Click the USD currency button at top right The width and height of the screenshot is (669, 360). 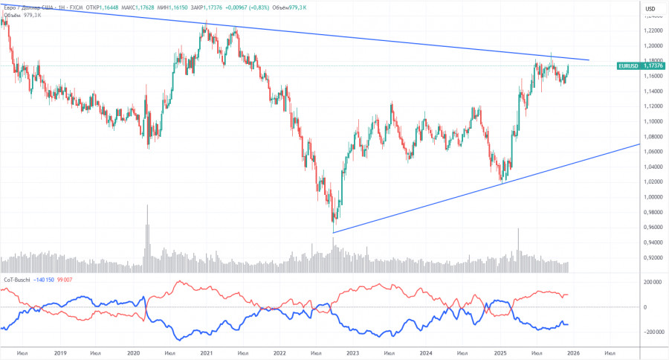(650, 8)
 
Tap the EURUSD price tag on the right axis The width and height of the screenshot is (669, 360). (641, 65)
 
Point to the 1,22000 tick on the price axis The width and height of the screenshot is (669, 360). (653, 30)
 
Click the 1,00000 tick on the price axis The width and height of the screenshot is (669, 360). (653, 197)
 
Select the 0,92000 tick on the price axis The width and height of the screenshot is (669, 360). (653, 257)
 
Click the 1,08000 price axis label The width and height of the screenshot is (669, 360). (653, 137)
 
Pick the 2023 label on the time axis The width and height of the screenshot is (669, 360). (352, 353)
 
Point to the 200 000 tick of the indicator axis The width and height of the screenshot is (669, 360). (653, 283)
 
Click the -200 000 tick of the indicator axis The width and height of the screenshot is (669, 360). (652, 332)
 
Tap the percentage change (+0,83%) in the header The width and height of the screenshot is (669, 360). (261, 7)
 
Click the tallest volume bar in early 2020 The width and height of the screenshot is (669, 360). (146, 231)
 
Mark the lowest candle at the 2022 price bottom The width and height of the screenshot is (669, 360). (334, 221)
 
